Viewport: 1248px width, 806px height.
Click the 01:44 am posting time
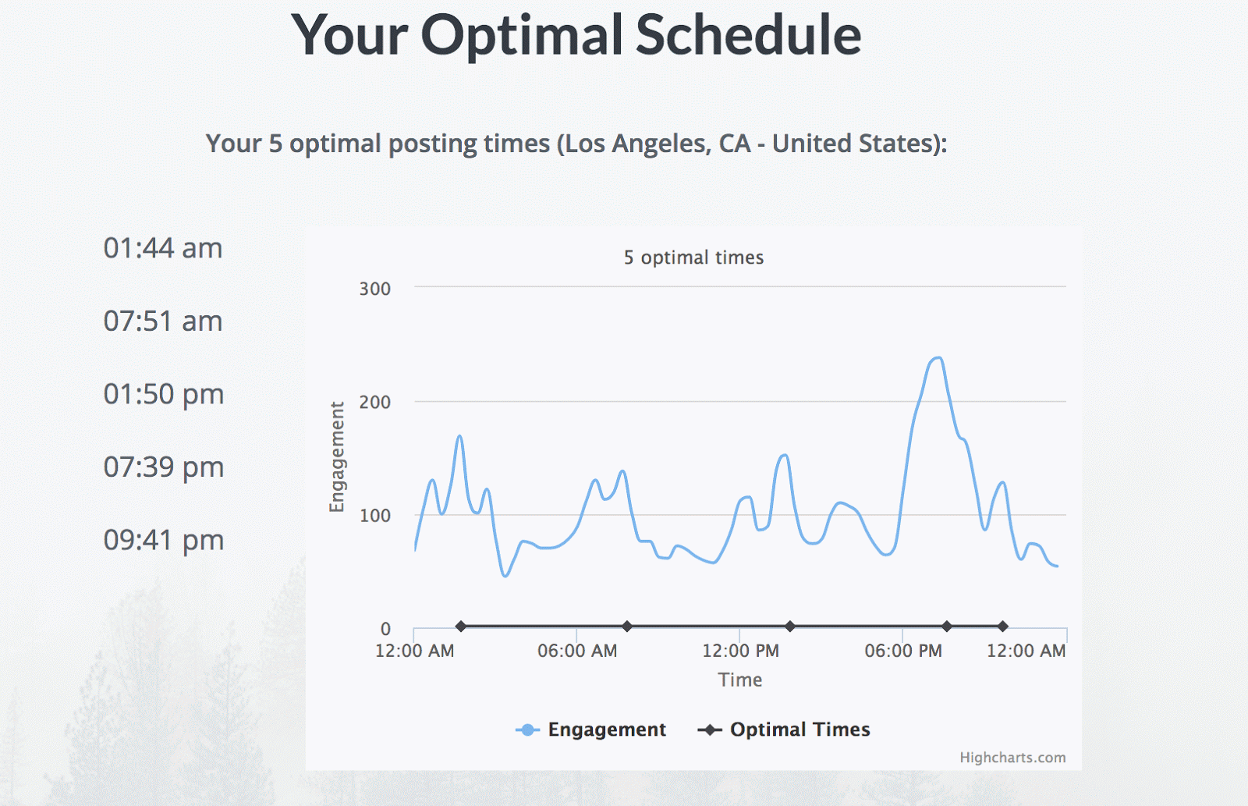tap(163, 248)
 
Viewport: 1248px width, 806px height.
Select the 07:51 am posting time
tap(163, 321)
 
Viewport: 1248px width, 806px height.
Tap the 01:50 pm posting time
tap(164, 394)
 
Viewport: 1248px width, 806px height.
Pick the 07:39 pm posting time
tap(164, 467)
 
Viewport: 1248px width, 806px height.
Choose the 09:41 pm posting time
tap(164, 540)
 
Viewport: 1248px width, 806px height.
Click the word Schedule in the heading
tap(748, 35)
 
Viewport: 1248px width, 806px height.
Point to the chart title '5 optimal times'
tap(693, 257)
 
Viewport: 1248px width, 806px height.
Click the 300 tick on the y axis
tap(374, 289)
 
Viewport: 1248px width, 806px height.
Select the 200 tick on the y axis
tap(374, 403)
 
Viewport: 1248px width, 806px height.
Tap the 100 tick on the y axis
tap(374, 516)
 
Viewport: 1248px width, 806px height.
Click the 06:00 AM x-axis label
tap(577, 651)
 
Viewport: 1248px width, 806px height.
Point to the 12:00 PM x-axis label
tap(740, 651)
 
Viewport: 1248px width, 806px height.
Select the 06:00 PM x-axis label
tap(903, 651)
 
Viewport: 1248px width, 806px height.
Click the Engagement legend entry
tap(591, 730)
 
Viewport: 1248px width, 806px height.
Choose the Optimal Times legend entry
tap(784, 730)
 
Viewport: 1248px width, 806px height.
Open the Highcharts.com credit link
tap(1012, 758)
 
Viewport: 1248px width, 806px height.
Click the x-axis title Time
tap(740, 680)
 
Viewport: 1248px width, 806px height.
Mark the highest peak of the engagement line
tap(938, 358)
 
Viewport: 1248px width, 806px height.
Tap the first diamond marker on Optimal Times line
tap(461, 626)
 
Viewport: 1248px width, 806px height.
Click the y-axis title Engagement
tap(337, 457)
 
